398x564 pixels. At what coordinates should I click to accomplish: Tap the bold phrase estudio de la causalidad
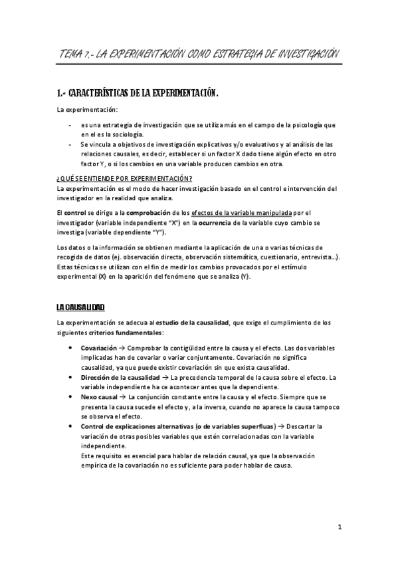[x=193, y=323]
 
